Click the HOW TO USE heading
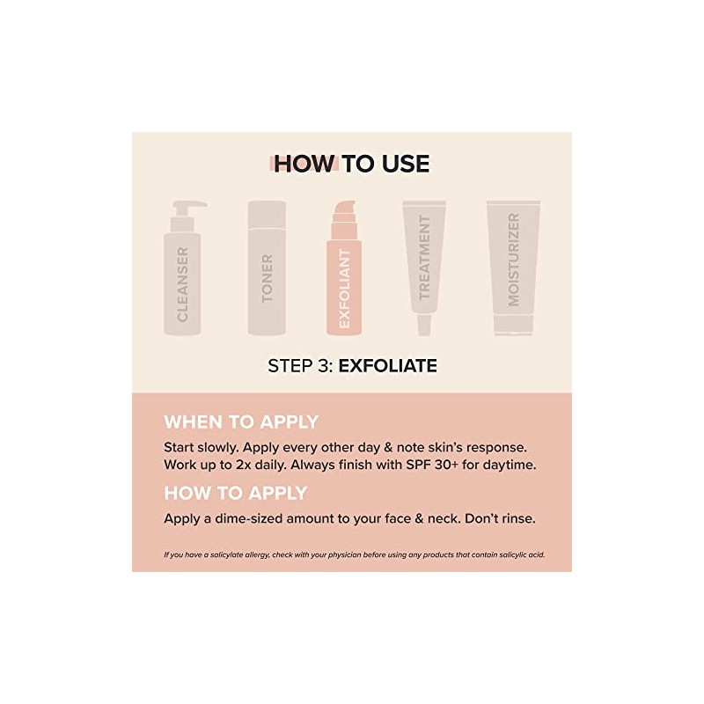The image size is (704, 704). [x=351, y=165]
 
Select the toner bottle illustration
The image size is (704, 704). [x=267, y=273]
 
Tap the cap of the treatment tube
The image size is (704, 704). [x=424, y=326]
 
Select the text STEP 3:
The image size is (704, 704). [x=299, y=365]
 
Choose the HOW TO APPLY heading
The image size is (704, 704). [x=235, y=492]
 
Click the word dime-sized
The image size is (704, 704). [x=254, y=518]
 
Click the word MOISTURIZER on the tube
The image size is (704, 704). [x=514, y=260]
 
